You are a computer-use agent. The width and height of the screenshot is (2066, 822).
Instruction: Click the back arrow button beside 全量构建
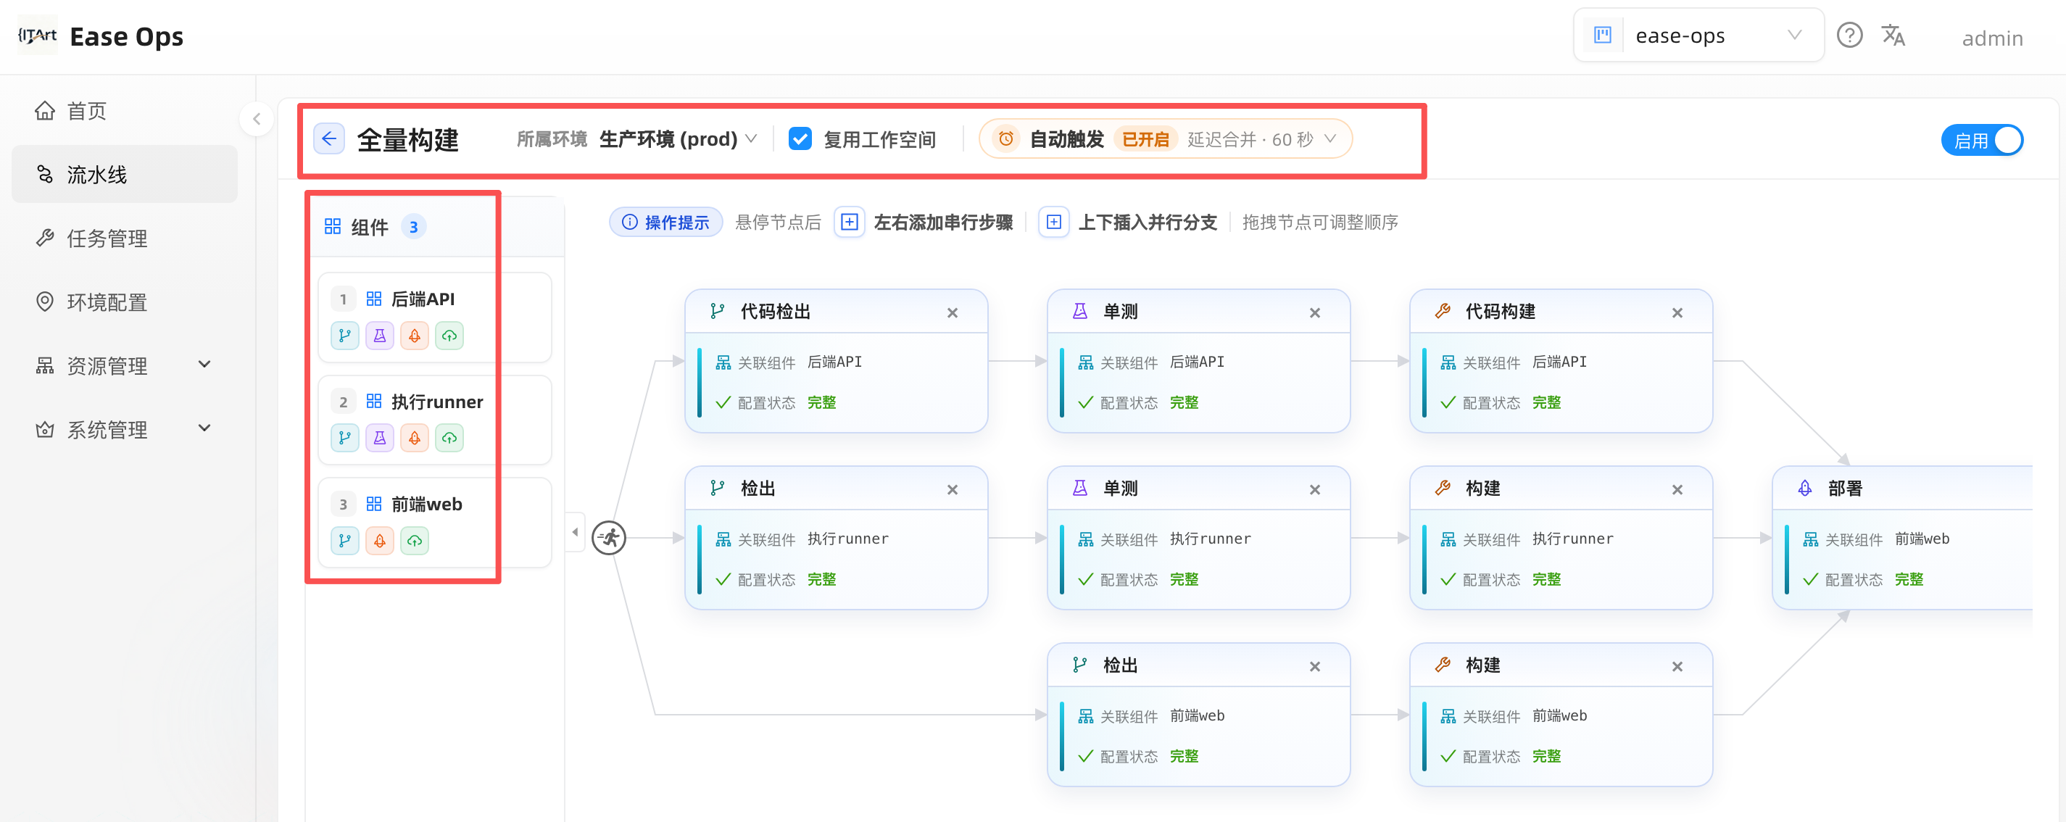[329, 138]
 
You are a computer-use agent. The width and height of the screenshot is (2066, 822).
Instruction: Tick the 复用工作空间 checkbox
[800, 138]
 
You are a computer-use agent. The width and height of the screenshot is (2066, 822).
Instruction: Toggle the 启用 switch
[1982, 141]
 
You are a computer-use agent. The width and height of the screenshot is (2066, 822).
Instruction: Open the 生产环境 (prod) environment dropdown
[678, 138]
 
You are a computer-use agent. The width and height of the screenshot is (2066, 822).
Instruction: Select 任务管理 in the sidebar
[107, 238]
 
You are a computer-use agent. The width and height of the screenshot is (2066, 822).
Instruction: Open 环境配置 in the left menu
[107, 302]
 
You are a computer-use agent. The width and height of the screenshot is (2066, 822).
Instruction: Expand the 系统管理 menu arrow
[204, 428]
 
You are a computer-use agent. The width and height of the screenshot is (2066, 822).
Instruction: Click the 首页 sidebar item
[86, 111]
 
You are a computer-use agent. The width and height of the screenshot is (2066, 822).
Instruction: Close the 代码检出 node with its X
[952, 312]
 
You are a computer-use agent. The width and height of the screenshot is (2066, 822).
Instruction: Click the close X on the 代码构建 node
[1677, 312]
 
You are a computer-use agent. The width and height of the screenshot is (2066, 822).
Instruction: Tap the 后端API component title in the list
[423, 299]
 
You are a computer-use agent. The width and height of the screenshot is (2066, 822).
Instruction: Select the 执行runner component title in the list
[437, 402]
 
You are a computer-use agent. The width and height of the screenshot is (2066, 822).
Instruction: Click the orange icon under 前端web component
[379, 541]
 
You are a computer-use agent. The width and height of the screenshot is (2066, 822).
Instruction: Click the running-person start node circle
[609, 537]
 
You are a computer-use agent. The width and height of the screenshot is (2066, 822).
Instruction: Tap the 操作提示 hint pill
[665, 222]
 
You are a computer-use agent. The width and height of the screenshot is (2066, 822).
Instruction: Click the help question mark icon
[1849, 36]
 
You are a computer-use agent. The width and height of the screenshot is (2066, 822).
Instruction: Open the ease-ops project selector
[1698, 36]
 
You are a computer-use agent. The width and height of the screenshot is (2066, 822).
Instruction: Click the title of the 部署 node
[1845, 489]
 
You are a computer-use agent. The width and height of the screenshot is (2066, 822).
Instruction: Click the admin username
[1992, 38]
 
